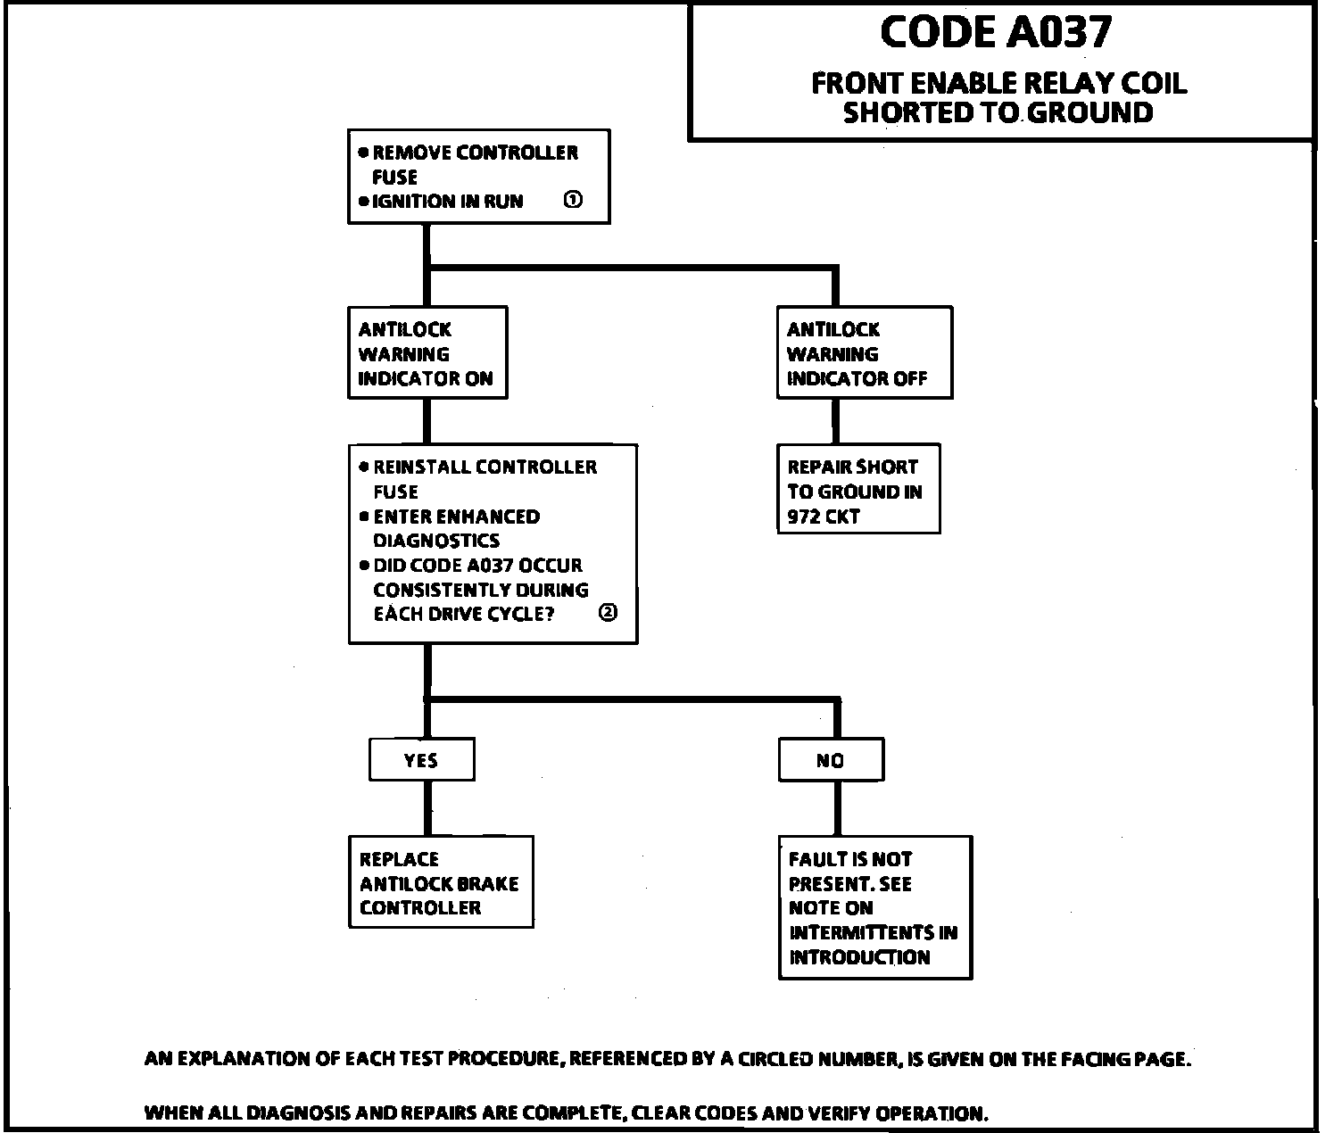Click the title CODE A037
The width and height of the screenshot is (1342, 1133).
(x=996, y=33)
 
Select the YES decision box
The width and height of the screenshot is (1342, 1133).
(x=421, y=761)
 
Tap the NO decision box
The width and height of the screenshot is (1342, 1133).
(x=831, y=761)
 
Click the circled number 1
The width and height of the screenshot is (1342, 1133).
(x=574, y=200)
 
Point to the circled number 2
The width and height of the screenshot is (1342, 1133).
(x=608, y=613)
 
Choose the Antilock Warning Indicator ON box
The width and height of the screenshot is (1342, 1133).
(x=427, y=353)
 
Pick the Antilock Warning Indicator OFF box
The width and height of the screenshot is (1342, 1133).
(x=864, y=353)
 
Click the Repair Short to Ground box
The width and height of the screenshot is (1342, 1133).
(x=858, y=490)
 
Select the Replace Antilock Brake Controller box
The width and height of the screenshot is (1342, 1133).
(x=441, y=883)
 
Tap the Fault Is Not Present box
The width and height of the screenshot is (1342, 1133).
(x=874, y=908)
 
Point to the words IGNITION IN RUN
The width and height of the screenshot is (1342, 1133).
(x=447, y=202)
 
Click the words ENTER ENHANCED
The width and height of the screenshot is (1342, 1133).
(x=456, y=517)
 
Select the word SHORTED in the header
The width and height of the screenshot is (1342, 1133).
(x=905, y=113)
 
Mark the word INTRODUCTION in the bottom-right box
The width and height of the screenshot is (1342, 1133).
(x=859, y=957)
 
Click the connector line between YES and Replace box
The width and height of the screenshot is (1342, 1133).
(x=427, y=809)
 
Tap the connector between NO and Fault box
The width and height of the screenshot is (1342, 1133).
(x=836, y=809)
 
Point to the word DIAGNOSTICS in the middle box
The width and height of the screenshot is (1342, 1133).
(x=436, y=541)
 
